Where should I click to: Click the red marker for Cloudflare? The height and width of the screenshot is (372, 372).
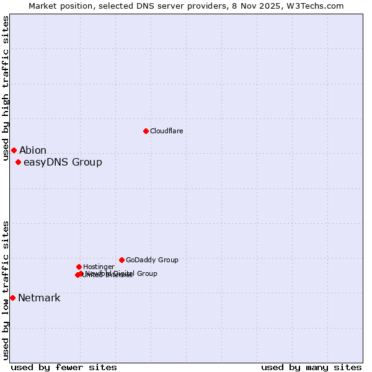(x=146, y=131)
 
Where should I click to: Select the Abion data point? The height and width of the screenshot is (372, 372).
(x=14, y=150)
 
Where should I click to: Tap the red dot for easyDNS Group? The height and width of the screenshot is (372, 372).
(x=18, y=162)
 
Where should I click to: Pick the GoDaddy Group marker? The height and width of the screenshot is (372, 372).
(x=122, y=260)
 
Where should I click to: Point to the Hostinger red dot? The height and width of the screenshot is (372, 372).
(x=79, y=267)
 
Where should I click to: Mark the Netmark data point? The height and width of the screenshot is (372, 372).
(x=12, y=298)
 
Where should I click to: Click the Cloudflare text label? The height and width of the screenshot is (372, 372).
(x=167, y=131)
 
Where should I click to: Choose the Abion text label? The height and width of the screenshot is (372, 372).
(x=33, y=151)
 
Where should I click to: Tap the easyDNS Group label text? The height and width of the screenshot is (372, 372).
(x=63, y=162)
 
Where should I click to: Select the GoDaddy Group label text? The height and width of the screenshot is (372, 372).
(x=152, y=260)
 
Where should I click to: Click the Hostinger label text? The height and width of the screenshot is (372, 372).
(x=99, y=267)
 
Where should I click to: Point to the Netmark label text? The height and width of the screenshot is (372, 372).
(x=39, y=298)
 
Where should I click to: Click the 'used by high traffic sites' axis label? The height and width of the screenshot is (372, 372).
(x=6, y=88)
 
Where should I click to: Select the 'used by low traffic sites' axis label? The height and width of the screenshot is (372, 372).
(x=6, y=290)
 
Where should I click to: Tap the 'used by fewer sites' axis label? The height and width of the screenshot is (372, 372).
(x=64, y=367)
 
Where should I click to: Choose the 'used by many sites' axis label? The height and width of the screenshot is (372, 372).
(x=311, y=367)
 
